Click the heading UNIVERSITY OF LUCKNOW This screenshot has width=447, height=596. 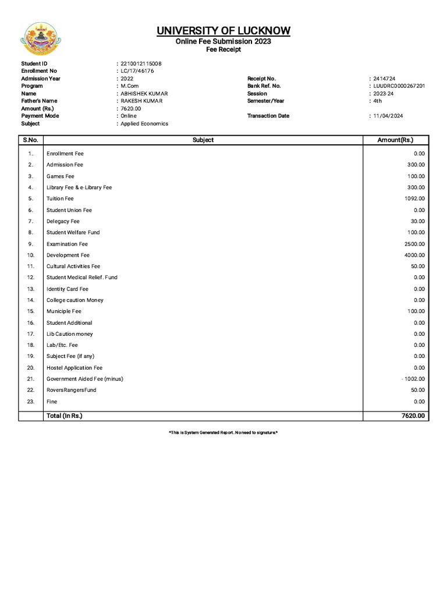tap(223, 31)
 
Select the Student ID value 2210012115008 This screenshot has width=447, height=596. tap(141, 63)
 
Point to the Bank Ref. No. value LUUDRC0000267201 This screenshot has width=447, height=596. tap(399, 86)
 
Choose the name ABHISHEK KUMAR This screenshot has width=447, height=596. tap(141, 94)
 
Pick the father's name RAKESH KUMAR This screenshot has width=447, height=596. tap(141, 101)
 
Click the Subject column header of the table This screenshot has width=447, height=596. tap(203, 140)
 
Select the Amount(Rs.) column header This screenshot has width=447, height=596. tap(395, 140)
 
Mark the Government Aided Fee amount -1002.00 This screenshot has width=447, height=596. tap(413, 379)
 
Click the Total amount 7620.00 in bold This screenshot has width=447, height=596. tap(413, 416)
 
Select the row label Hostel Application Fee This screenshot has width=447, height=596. tap(74, 368)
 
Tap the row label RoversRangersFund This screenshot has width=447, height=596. tap(72, 390)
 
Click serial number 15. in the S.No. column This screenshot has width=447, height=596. tap(31, 311)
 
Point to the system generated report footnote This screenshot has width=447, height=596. tap(223, 433)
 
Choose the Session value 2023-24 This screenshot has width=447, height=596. tap(383, 94)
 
